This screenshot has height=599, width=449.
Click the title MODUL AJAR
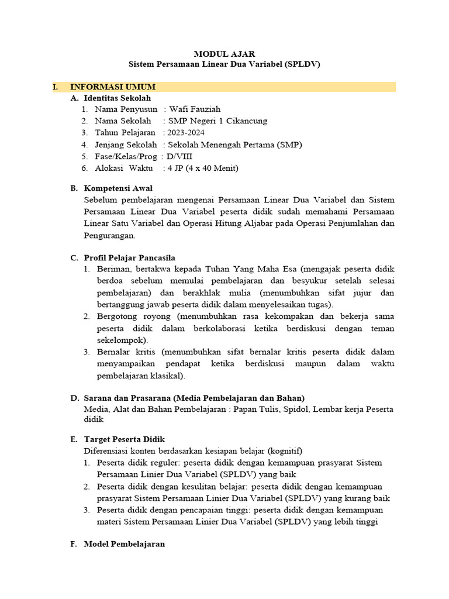coord(224,53)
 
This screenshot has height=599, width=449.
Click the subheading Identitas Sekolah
coord(118,98)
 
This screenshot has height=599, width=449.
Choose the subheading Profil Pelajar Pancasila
coord(129,257)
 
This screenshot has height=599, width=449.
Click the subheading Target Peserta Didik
coord(125,439)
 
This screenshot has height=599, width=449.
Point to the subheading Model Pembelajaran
coord(125,543)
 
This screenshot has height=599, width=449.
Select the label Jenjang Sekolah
coord(126,144)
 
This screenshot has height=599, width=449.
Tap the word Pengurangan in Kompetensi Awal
coord(110,235)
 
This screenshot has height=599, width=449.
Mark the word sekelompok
coord(122,340)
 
